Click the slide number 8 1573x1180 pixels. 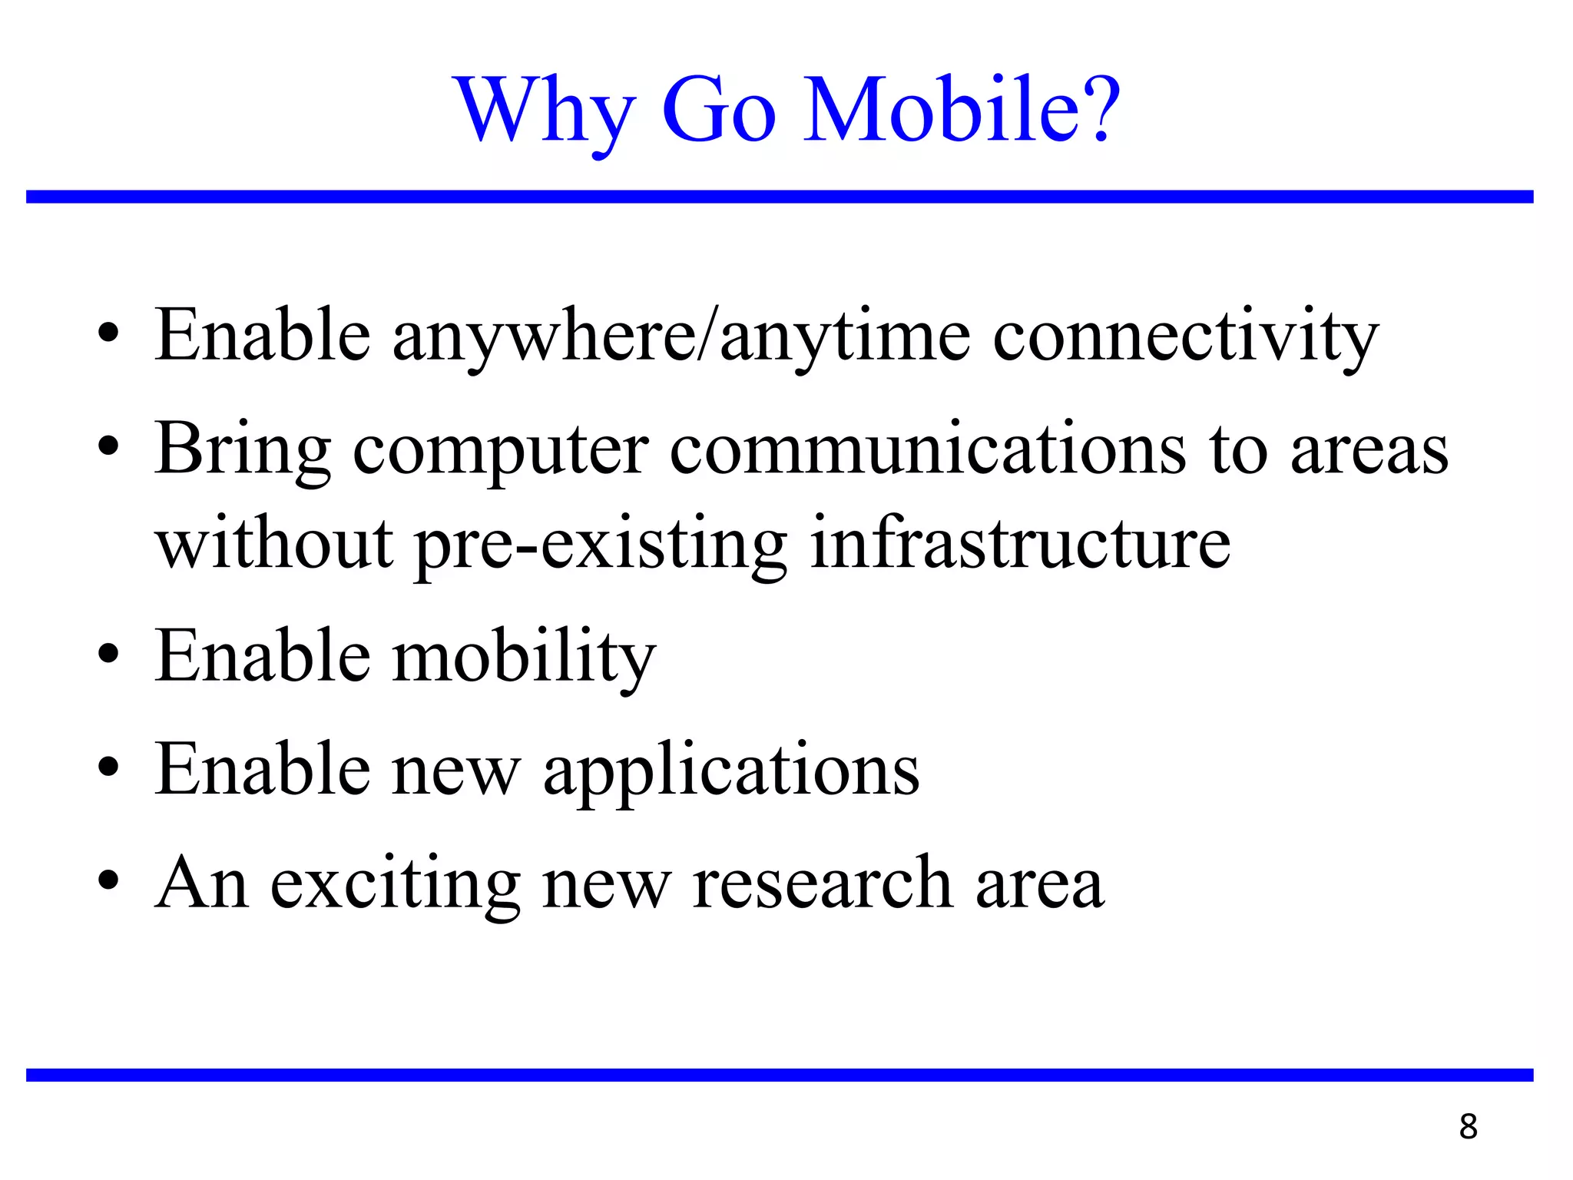[1468, 1127]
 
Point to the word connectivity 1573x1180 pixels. [1185, 336]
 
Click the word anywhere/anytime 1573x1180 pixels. [681, 336]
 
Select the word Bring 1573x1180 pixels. [243, 450]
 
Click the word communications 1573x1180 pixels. [928, 450]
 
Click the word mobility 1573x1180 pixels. [524, 657]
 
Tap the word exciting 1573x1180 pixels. [396, 883]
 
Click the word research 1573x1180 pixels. [823, 883]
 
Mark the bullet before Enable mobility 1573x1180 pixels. [109, 655]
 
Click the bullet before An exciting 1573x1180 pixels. [109, 880]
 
